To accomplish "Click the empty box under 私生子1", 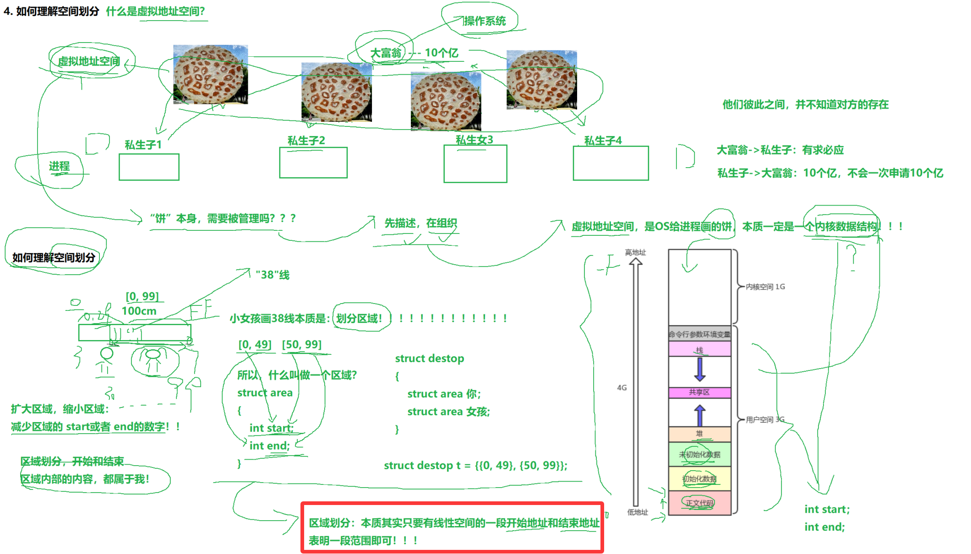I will [149, 167].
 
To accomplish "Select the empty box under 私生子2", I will [313, 163].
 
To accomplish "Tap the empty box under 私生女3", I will [475, 164].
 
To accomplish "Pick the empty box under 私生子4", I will [611, 163].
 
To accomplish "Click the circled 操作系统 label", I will [484, 21].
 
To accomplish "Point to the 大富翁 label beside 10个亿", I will [386, 53].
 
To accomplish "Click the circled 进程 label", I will [60, 166].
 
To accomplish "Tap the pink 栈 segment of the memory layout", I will [699, 349].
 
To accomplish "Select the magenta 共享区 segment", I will [699, 392].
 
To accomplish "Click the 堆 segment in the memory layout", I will [699, 434].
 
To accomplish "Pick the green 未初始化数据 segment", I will [699, 454].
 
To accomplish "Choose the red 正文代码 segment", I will [699, 503].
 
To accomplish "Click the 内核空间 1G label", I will [765, 287].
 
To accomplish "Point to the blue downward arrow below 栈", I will [699, 369].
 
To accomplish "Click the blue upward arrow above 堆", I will [699, 416].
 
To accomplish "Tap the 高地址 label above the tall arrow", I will [635, 252].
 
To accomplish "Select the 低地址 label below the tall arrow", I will [638, 512].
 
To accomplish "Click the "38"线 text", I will [273, 275].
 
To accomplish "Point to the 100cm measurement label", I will [139, 311].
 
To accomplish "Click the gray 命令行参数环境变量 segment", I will [699, 334].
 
